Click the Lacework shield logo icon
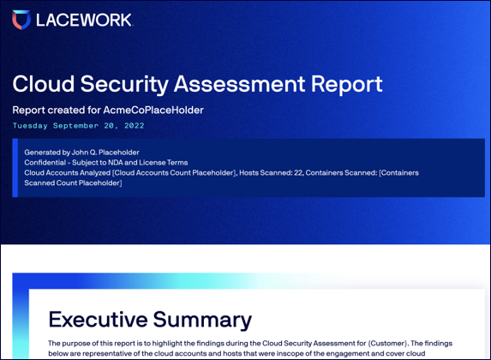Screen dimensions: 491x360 (21, 20)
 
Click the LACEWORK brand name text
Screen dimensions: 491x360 (84, 20)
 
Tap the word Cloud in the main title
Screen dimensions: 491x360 (44, 84)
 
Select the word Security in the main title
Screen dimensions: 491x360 (124, 85)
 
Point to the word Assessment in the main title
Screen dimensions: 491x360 (239, 84)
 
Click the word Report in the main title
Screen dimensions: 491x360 (346, 85)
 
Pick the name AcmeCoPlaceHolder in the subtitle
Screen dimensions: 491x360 (153, 110)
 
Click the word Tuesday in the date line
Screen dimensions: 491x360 (30, 126)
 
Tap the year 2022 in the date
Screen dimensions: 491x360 (135, 126)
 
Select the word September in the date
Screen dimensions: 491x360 (75, 126)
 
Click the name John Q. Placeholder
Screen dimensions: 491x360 (105, 153)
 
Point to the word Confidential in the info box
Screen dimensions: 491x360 (45, 162)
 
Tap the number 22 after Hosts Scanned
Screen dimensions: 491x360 (298, 172)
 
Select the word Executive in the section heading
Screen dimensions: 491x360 (98, 319)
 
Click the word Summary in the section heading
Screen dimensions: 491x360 (202, 321)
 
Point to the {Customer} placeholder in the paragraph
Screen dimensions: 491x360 (387, 344)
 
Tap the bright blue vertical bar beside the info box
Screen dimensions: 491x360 (15, 168)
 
